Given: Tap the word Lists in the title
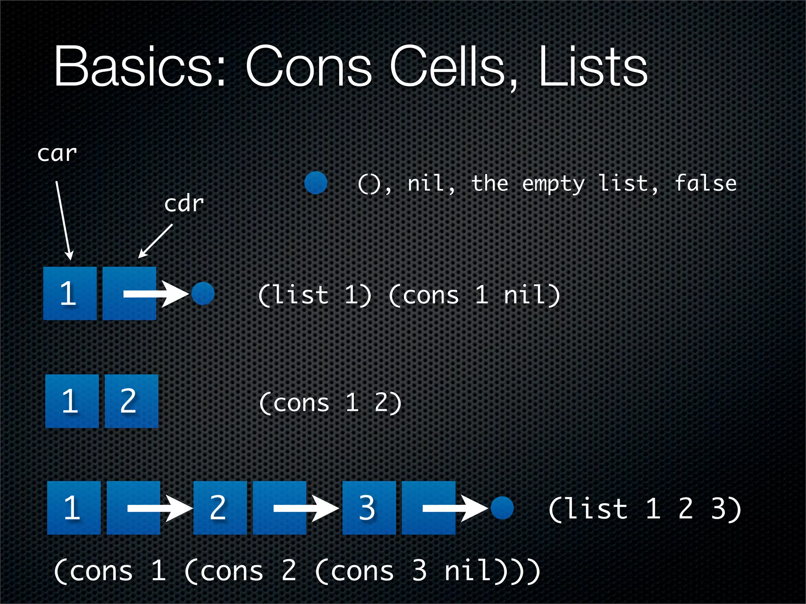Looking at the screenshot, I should coord(593,67).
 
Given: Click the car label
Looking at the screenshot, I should coord(57,153).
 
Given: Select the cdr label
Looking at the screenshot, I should coord(184,204).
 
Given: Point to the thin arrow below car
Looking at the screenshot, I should coord(63,220).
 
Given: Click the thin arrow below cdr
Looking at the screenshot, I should coord(156,241).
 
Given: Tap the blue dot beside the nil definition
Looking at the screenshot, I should coord(316,183).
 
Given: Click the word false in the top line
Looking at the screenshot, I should coord(705,183).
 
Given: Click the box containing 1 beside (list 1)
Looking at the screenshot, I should coord(70,293).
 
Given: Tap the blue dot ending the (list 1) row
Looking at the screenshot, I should coord(203,293).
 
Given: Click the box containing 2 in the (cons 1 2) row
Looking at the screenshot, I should coord(131,401).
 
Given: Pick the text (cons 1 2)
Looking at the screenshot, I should coord(330,403).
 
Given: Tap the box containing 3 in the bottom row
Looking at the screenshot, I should coord(369,508).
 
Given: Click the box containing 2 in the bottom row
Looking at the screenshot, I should coord(220,508).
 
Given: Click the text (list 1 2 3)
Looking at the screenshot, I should coord(645,509).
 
